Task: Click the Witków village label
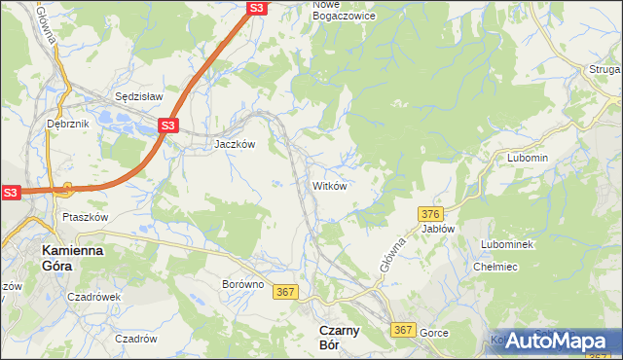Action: click(x=329, y=185)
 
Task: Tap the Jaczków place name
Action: click(x=235, y=143)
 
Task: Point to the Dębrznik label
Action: click(x=67, y=125)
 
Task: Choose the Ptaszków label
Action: click(x=84, y=217)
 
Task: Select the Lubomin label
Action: click(x=529, y=158)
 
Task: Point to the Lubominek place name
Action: click(x=506, y=244)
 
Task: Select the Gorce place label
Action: click(x=434, y=333)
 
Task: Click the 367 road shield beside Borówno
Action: click(x=285, y=292)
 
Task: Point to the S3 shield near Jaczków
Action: click(x=167, y=126)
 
